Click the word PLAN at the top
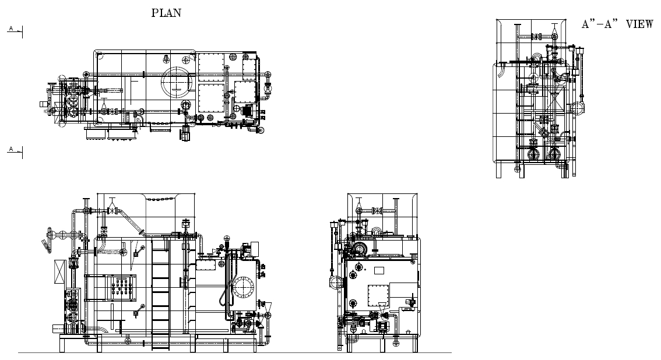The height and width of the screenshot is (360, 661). [167, 13]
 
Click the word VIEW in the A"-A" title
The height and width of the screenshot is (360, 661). [639, 24]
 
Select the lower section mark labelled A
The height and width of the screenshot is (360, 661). [15, 150]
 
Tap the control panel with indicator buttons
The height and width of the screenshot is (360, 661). [122, 287]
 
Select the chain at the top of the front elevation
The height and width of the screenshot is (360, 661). [163, 199]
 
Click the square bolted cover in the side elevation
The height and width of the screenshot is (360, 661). [378, 295]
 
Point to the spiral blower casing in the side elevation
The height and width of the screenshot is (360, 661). [360, 249]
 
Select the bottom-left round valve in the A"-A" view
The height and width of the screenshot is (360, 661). [534, 154]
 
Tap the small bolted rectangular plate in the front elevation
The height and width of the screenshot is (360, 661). [206, 264]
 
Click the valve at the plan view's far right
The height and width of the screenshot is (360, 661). [268, 89]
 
